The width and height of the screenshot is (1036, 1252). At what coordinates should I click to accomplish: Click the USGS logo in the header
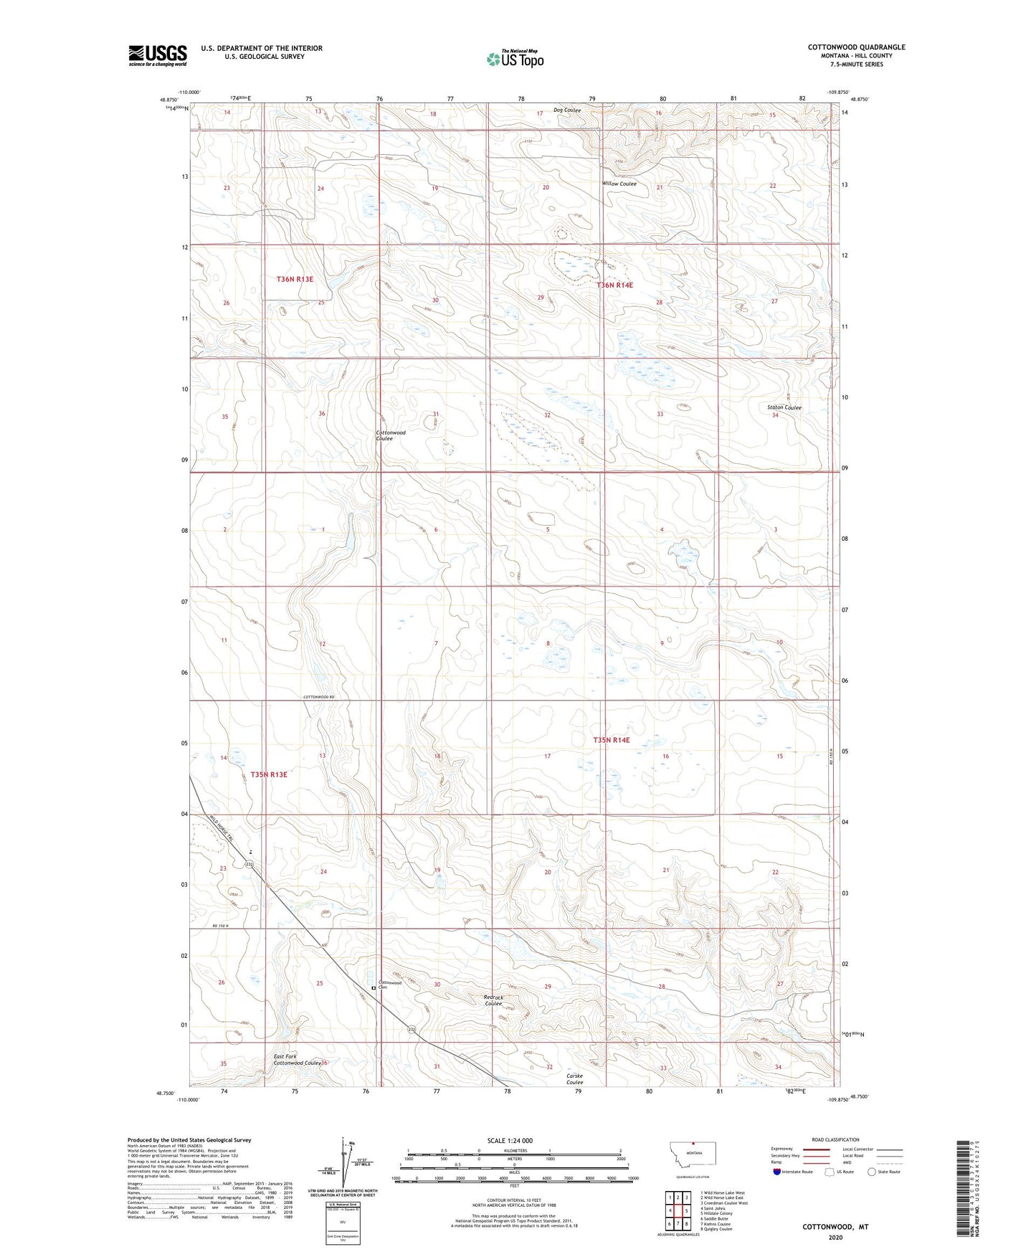pyautogui.click(x=158, y=55)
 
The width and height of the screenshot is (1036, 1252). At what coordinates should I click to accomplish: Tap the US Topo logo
pyautogui.click(x=515, y=59)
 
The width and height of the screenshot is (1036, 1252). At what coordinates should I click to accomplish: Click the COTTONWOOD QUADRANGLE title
pyautogui.click(x=856, y=47)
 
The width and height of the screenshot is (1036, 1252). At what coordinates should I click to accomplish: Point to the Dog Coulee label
pyautogui.click(x=566, y=110)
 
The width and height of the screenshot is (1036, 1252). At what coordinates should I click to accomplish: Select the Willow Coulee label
pyautogui.click(x=619, y=184)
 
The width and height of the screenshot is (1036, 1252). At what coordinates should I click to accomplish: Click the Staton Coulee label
pyautogui.click(x=784, y=407)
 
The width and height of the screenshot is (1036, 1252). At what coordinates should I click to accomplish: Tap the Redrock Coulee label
pyautogui.click(x=493, y=1000)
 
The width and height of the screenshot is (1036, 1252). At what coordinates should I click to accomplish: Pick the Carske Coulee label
pyautogui.click(x=574, y=1078)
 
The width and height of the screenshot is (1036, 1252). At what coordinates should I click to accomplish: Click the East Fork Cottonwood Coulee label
pyautogui.click(x=296, y=1060)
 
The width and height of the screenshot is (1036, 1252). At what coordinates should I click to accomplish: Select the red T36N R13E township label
pyautogui.click(x=295, y=279)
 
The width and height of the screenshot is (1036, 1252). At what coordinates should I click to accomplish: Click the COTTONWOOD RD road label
pyautogui.click(x=319, y=698)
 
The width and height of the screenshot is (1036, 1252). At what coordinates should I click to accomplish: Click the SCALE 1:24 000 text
pyautogui.click(x=510, y=1140)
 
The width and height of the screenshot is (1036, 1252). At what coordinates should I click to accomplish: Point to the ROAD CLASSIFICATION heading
pyautogui.click(x=835, y=1139)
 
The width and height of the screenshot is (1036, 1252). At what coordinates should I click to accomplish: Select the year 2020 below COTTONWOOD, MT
pyautogui.click(x=835, y=1237)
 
